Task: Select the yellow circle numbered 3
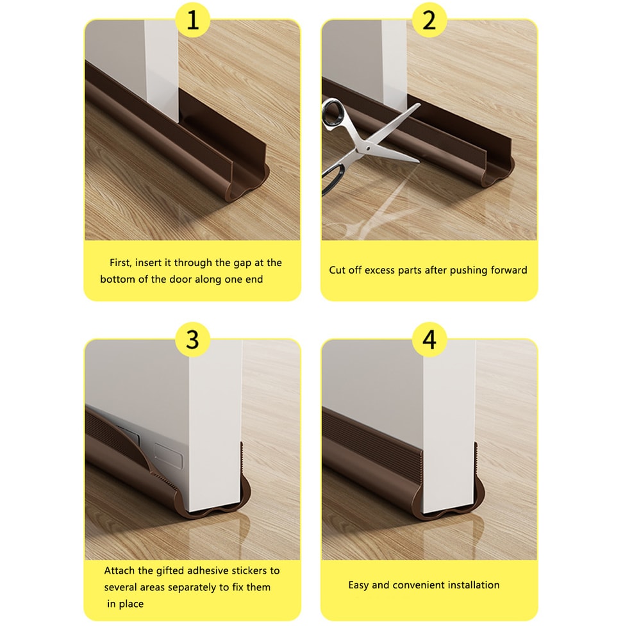coord(193,340)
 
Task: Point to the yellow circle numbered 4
coord(429,340)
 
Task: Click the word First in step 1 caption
coord(122,263)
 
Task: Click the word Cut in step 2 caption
coord(338,271)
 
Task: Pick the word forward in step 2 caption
coord(506,271)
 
